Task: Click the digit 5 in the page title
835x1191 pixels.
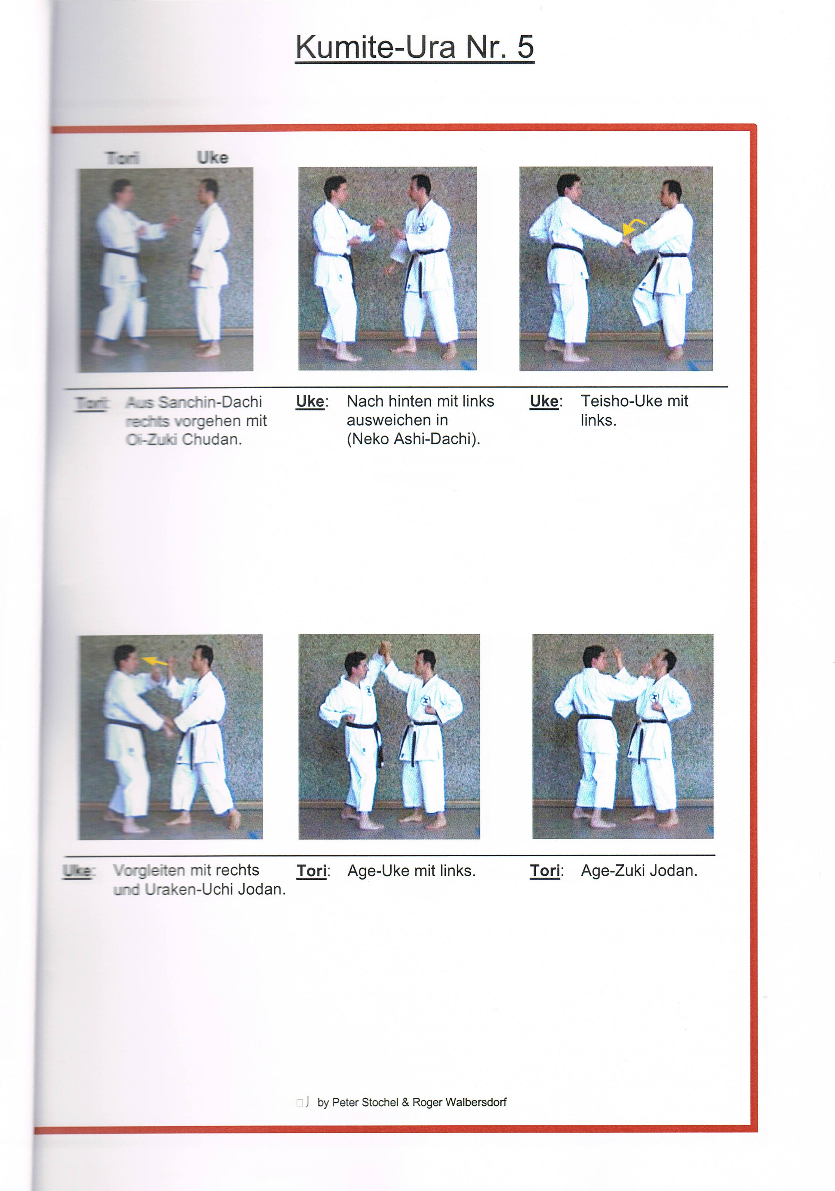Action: [525, 47]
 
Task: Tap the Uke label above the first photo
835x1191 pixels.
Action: [212, 158]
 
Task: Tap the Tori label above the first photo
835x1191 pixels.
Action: [122, 158]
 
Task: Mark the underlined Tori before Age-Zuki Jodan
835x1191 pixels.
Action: [545, 870]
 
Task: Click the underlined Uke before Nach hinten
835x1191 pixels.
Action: [310, 401]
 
